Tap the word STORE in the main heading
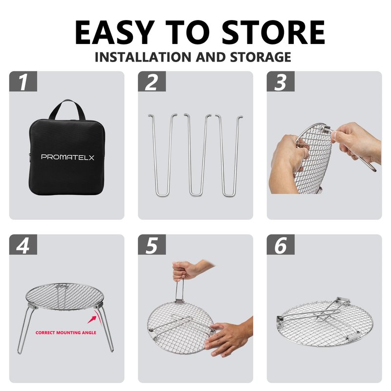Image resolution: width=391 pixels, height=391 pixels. pos(273,32)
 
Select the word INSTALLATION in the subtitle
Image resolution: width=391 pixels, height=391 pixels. pos(143,57)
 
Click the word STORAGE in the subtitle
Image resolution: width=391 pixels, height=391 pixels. pos(261,57)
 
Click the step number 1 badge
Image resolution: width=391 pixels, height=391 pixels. pos(23,81)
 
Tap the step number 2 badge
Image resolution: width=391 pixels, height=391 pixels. pos(152,81)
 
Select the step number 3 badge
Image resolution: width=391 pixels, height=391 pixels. pos(281,81)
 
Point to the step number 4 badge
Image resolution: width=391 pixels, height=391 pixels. pos(23,245)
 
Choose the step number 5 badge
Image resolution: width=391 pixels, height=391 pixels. pos(152,245)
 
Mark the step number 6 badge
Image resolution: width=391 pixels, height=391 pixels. pos(281,245)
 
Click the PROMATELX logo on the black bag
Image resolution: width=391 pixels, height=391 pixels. pos(67,157)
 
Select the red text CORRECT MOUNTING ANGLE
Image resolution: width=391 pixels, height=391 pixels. pos(66,333)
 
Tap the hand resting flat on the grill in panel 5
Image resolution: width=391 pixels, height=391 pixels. pos(228,337)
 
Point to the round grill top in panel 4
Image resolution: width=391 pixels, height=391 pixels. pos(65,296)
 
